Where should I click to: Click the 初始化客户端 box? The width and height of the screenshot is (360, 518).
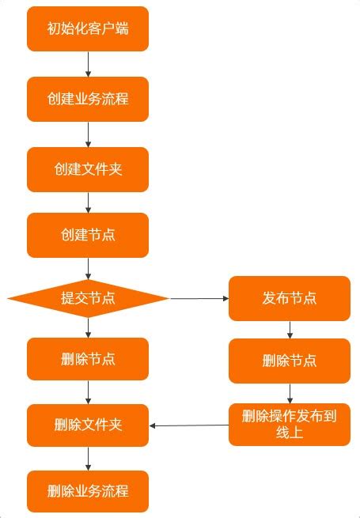coord(88,29)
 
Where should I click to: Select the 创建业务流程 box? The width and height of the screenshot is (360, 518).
coord(88,99)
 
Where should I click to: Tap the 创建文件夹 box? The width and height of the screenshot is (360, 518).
coord(88,169)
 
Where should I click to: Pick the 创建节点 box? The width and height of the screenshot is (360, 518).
coord(88,235)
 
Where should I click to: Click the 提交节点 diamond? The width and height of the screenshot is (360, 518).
coord(88,298)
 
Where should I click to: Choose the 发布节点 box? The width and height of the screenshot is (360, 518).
coord(290,298)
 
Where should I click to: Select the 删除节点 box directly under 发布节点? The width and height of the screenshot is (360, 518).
coord(290,361)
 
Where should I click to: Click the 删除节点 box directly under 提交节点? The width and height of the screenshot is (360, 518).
coord(88,359)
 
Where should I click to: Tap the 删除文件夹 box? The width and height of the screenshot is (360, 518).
coord(88,425)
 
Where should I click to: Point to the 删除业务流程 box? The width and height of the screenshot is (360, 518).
coord(88,491)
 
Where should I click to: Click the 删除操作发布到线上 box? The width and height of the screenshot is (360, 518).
coord(290,425)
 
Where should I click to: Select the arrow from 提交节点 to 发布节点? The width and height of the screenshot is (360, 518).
coord(199,298)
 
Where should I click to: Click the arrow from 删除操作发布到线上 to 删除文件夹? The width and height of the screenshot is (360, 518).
coord(189,425)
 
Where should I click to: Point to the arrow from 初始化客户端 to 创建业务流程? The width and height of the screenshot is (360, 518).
coord(88,64)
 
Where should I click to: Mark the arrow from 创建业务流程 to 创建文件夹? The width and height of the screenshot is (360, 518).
coord(88,134)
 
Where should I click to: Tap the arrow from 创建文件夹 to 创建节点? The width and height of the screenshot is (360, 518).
coord(88,202)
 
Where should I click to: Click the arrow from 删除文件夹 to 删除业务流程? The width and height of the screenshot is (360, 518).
coord(88,458)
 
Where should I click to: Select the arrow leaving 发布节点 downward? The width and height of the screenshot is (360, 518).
coord(290,330)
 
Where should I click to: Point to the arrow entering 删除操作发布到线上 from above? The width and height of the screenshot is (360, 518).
coord(290,393)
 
